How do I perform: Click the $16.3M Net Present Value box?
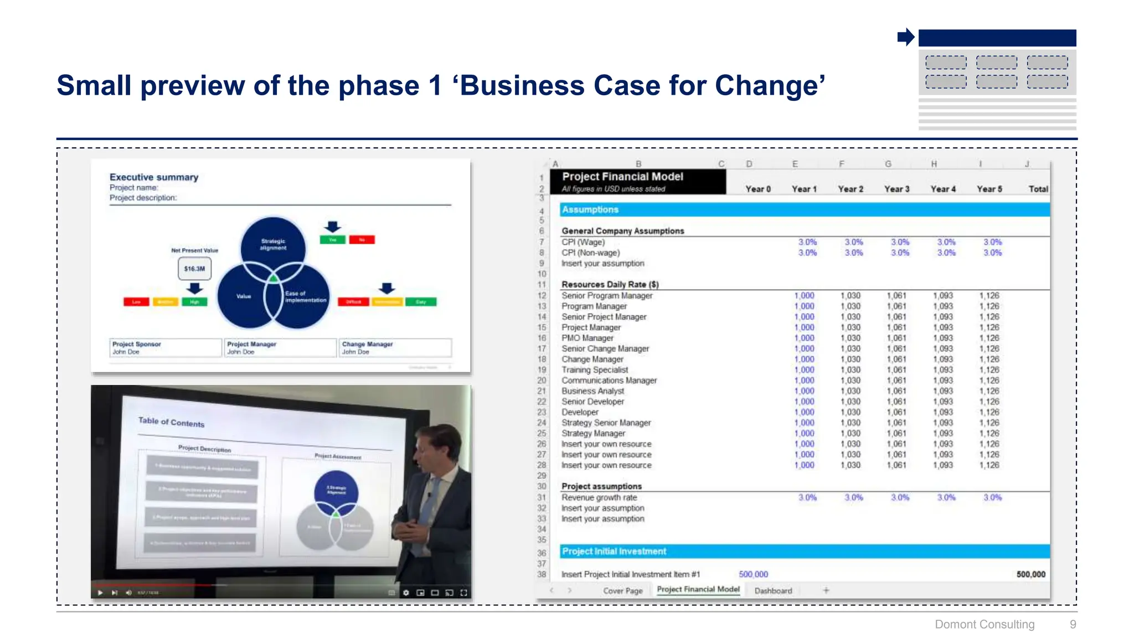(x=194, y=269)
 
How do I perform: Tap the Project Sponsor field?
(x=165, y=348)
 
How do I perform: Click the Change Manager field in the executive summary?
(x=395, y=348)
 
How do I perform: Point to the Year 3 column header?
(x=896, y=189)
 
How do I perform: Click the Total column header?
(x=1038, y=189)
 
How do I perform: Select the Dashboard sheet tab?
(x=773, y=591)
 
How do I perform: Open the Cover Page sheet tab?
(x=623, y=591)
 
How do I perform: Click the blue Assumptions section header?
(x=590, y=209)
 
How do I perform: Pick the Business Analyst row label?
(x=592, y=391)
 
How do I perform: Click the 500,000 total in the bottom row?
(x=1030, y=574)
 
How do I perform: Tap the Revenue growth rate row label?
(x=599, y=497)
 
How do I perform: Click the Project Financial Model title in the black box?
(x=622, y=177)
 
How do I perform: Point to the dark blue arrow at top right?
(x=905, y=38)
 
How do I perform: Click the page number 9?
(x=1073, y=624)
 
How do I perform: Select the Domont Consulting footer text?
(x=984, y=624)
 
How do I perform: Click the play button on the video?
(x=100, y=593)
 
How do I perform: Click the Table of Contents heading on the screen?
(x=171, y=422)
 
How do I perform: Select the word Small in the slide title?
(x=94, y=86)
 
